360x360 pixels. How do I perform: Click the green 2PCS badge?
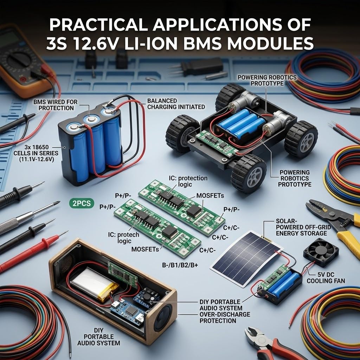tap(82, 203)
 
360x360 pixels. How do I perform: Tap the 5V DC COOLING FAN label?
tap(326, 278)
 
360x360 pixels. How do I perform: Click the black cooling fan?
tap(321, 252)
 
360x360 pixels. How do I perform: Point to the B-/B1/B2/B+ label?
tap(180, 265)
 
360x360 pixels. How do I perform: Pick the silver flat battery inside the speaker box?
tap(94, 284)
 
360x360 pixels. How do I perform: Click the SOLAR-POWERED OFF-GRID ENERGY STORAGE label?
tap(303, 227)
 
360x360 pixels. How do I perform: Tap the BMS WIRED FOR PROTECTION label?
tap(56, 105)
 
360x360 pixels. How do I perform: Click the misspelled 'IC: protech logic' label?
tap(124, 238)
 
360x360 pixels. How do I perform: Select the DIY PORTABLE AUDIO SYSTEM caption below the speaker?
tap(99, 337)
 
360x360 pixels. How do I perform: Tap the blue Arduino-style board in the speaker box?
tap(127, 311)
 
